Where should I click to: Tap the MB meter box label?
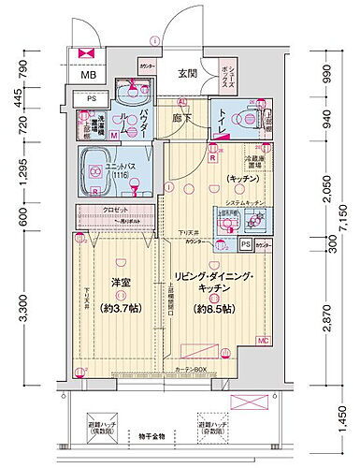coord(86,76)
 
